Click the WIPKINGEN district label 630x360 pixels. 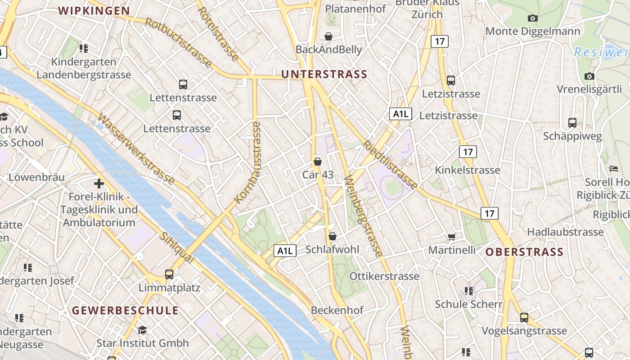tap(94, 11)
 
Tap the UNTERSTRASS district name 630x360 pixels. tap(324, 74)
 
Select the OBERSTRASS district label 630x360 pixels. tap(524, 252)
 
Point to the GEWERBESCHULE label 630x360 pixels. tap(126, 310)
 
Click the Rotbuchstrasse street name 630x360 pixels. tap(178, 43)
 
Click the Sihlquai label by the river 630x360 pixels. tap(177, 248)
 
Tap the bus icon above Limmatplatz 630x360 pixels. tap(169, 274)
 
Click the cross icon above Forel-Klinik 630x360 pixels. tap(99, 184)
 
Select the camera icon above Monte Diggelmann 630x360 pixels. tap(533, 18)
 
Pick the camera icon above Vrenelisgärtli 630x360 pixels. tap(589, 76)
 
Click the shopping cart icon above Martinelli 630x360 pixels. tap(451, 237)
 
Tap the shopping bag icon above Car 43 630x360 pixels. tap(318, 161)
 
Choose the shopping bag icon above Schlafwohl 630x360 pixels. tap(333, 236)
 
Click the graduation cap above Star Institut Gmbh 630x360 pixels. tap(143, 330)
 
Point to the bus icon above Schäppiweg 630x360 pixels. tap(572, 122)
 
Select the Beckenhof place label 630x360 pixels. tap(337, 310)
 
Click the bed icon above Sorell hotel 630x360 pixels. tap(614, 169)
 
